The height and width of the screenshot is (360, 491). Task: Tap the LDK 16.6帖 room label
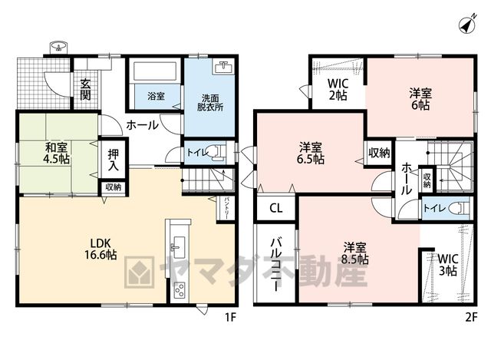tap(101, 249)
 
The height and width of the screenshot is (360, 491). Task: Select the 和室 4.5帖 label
tap(56, 153)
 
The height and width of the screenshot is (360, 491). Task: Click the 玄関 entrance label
tap(85, 90)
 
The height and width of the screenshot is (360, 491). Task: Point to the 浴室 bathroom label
tap(156, 96)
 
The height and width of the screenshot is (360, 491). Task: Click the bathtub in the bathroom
tap(155, 71)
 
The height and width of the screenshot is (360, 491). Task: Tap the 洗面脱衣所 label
tap(210, 102)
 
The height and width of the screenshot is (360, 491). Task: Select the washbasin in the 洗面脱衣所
tap(222, 67)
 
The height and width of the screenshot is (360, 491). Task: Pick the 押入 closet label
tap(114, 160)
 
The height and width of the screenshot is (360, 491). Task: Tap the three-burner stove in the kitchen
tap(180, 290)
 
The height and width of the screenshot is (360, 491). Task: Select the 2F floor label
tap(471, 317)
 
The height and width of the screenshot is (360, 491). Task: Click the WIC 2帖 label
tap(338, 89)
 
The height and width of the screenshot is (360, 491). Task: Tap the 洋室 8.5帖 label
tap(355, 253)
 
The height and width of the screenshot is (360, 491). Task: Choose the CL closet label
tap(276, 208)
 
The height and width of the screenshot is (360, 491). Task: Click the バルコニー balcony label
tap(275, 265)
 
